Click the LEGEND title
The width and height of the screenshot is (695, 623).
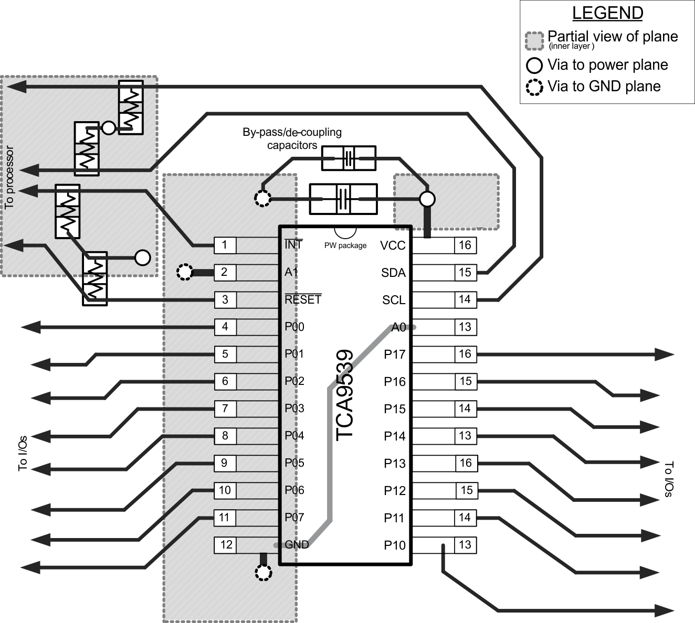point(607,13)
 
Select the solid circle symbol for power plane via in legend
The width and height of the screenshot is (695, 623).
point(534,66)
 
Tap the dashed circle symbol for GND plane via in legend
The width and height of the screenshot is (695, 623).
point(534,87)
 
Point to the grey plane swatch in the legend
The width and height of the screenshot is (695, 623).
point(534,40)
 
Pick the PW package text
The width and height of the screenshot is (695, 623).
point(345,245)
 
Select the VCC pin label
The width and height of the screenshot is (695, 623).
point(393,245)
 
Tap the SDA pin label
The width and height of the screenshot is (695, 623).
point(393,273)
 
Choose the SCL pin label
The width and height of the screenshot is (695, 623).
point(394,300)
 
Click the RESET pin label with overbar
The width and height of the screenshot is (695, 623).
point(303,299)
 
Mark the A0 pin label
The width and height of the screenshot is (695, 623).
point(399,327)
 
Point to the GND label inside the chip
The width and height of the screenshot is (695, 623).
point(297,545)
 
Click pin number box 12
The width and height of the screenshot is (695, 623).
point(226,545)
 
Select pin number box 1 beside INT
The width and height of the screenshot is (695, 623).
point(225,245)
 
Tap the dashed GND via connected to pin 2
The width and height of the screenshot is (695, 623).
point(184,272)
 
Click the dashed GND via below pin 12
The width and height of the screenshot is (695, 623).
point(263,573)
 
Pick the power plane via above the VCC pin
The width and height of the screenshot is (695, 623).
point(427,199)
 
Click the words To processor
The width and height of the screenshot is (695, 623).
point(9,177)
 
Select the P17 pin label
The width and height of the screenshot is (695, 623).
point(394,355)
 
